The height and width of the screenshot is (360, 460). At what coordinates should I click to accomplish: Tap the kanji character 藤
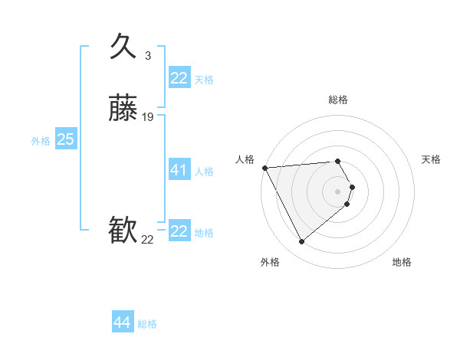coord(123,110)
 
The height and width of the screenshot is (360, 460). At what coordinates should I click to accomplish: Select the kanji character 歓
coord(123,231)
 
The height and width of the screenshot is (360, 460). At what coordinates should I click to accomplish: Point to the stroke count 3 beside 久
coord(148,55)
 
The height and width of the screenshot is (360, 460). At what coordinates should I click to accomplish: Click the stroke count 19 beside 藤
coord(148,117)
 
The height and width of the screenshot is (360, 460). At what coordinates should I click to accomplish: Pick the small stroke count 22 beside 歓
coord(147,240)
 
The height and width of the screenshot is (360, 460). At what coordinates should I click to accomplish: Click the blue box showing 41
coord(179,170)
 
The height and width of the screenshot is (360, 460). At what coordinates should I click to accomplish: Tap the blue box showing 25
coord(65,139)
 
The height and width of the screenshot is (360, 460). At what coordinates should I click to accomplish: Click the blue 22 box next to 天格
coord(179,78)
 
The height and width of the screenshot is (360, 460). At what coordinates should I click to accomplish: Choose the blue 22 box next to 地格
coord(179,231)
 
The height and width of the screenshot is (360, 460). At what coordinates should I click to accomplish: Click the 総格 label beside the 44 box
coord(147,324)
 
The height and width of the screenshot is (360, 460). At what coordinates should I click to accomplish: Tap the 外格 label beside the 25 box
coord(41,141)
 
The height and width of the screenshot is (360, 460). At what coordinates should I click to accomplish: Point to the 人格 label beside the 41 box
coord(204,172)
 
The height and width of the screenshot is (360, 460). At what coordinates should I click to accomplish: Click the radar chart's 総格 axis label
coord(338,100)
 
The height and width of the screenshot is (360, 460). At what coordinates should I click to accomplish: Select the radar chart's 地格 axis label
coord(402,263)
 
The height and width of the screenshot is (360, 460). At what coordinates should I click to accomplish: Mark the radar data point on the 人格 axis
coord(264,168)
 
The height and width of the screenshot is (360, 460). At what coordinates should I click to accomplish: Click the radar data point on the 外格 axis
coord(301,242)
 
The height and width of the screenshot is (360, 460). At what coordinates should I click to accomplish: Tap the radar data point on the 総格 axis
coord(338,162)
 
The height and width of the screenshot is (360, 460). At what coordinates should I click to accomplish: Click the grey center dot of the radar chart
coord(338,191)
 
